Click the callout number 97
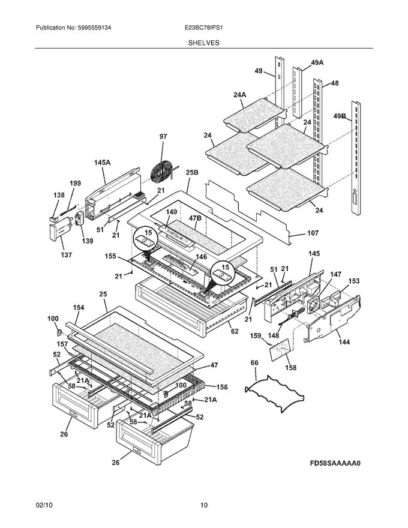(x=163, y=137)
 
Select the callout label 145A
(x=103, y=162)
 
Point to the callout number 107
(x=313, y=233)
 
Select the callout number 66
(x=254, y=362)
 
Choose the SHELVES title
(x=204, y=43)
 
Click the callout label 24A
(x=240, y=94)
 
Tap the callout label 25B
(x=191, y=172)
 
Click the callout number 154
(x=79, y=307)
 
